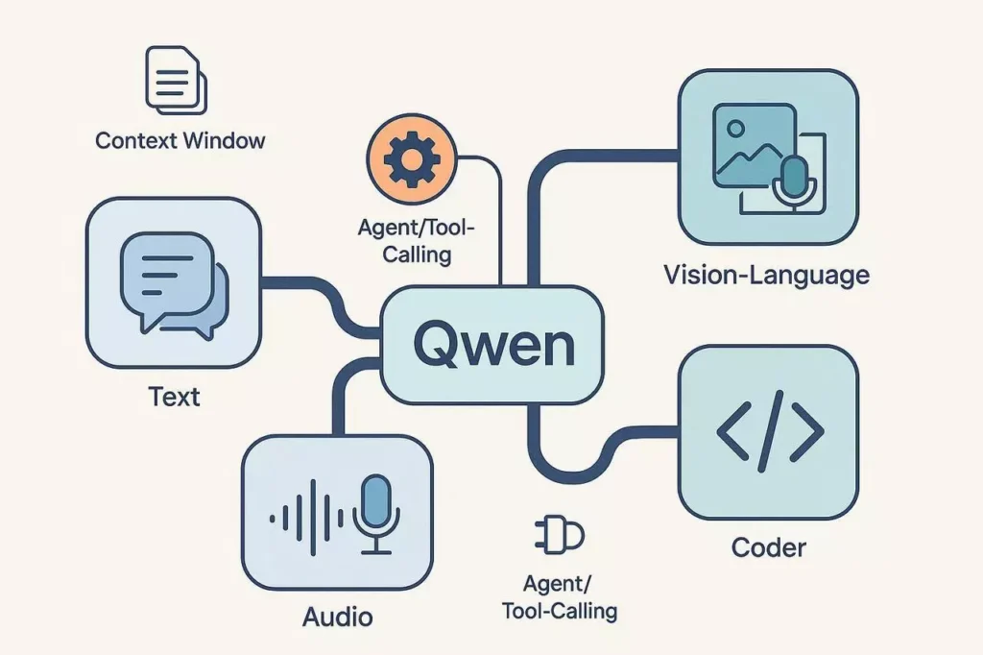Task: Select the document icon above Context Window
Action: click(175, 78)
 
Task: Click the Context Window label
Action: click(180, 141)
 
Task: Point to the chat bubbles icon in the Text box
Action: click(174, 285)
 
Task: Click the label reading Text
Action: click(174, 396)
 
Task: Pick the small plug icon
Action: click(557, 535)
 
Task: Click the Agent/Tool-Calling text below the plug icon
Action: click(559, 596)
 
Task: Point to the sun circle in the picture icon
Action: click(736, 128)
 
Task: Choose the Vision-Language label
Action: click(766, 276)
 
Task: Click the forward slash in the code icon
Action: click(770, 431)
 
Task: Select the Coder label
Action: click(768, 548)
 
